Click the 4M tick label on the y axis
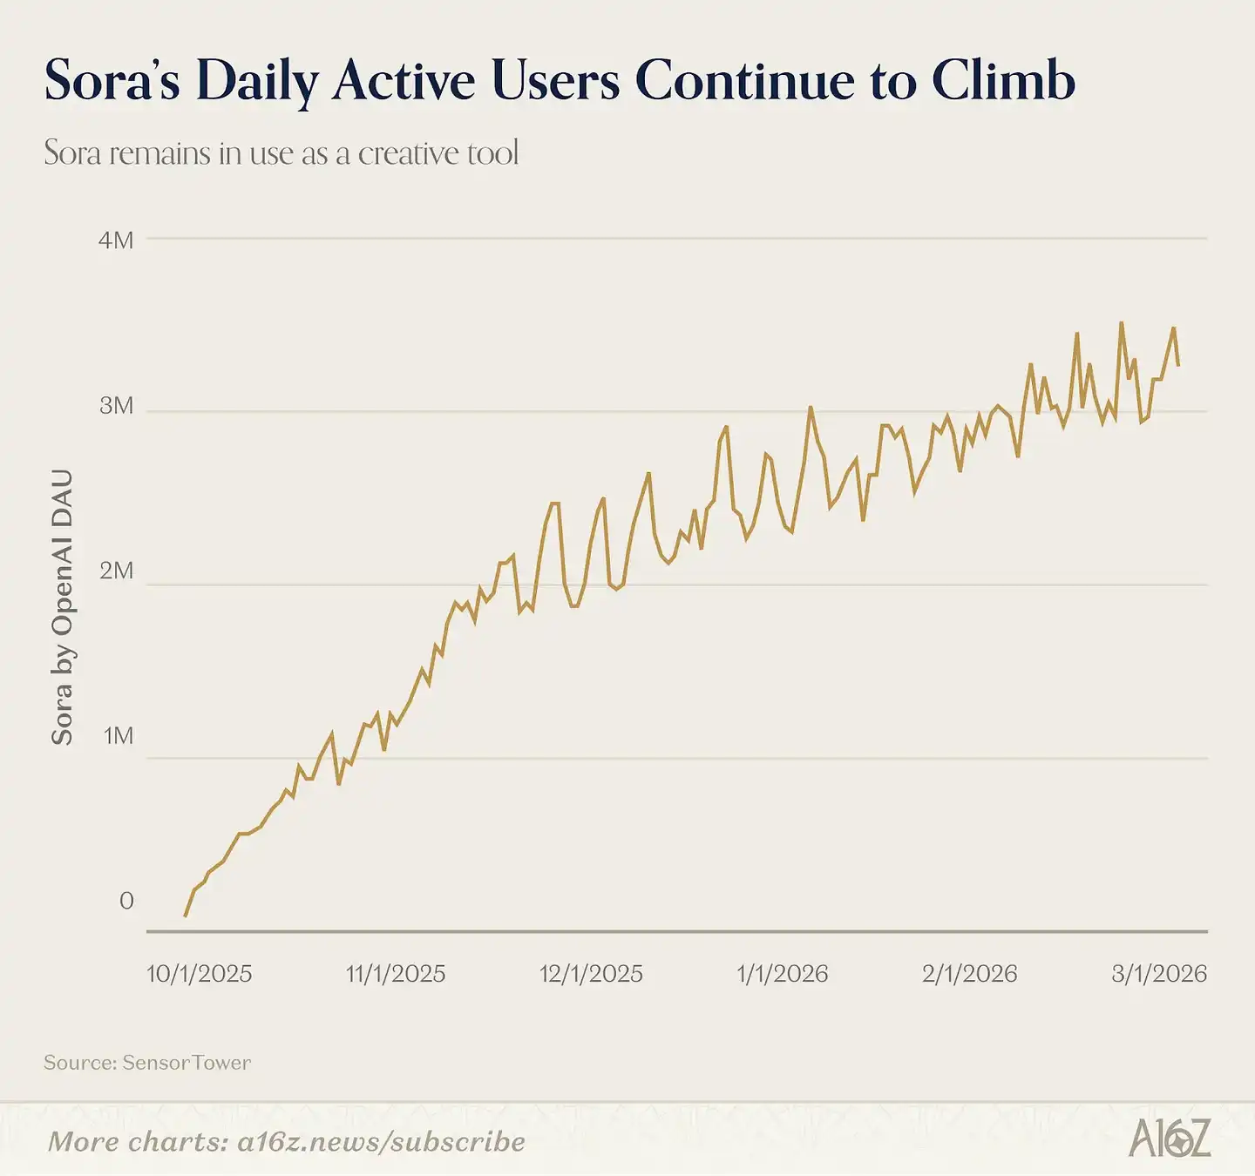point(116,240)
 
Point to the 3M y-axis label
point(116,406)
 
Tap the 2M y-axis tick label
point(116,571)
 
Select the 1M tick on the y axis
point(118,737)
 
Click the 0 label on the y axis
point(126,901)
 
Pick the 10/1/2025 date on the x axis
point(199,974)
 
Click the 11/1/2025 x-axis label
point(396,974)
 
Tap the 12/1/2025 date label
point(591,974)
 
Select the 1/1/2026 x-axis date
point(782,974)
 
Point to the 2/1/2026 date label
point(969,974)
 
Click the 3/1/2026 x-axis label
point(1159,974)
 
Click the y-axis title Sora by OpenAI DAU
point(62,607)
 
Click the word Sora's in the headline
point(112,80)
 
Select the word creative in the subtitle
point(407,153)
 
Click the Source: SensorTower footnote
point(147,1063)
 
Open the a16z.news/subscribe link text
point(381,1142)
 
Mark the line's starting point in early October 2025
point(185,916)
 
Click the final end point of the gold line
point(1178,365)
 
